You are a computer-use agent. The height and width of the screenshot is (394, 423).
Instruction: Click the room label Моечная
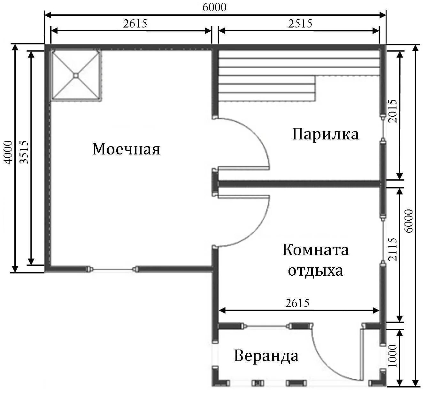click(126, 149)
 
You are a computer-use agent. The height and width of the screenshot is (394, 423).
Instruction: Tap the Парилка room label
click(326, 135)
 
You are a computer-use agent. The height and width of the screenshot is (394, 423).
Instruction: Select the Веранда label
click(266, 356)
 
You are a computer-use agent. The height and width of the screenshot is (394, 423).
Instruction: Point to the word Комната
click(316, 250)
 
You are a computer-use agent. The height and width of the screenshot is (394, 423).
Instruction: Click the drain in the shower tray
click(76, 75)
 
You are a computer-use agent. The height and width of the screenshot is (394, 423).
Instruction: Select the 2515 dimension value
click(300, 23)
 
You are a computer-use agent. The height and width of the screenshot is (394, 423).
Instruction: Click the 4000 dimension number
click(8, 153)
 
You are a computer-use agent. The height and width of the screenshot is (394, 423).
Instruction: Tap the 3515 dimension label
click(24, 152)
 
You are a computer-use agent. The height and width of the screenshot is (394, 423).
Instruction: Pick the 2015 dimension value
click(393, 111)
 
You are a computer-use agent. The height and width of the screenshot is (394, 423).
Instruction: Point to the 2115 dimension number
click(393, 249)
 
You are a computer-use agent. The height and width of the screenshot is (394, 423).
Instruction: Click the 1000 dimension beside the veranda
click(393, 356)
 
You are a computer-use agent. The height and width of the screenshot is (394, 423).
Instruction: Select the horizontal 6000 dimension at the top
click(214, 7)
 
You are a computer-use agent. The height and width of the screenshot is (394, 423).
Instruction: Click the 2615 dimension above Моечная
click(135, 23)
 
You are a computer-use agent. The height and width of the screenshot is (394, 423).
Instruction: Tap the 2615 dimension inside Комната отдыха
click(297, 303)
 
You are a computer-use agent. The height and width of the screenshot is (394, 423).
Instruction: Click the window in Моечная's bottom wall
click(112, 269)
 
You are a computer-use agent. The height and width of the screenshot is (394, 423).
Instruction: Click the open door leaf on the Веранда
click(361, 355)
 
